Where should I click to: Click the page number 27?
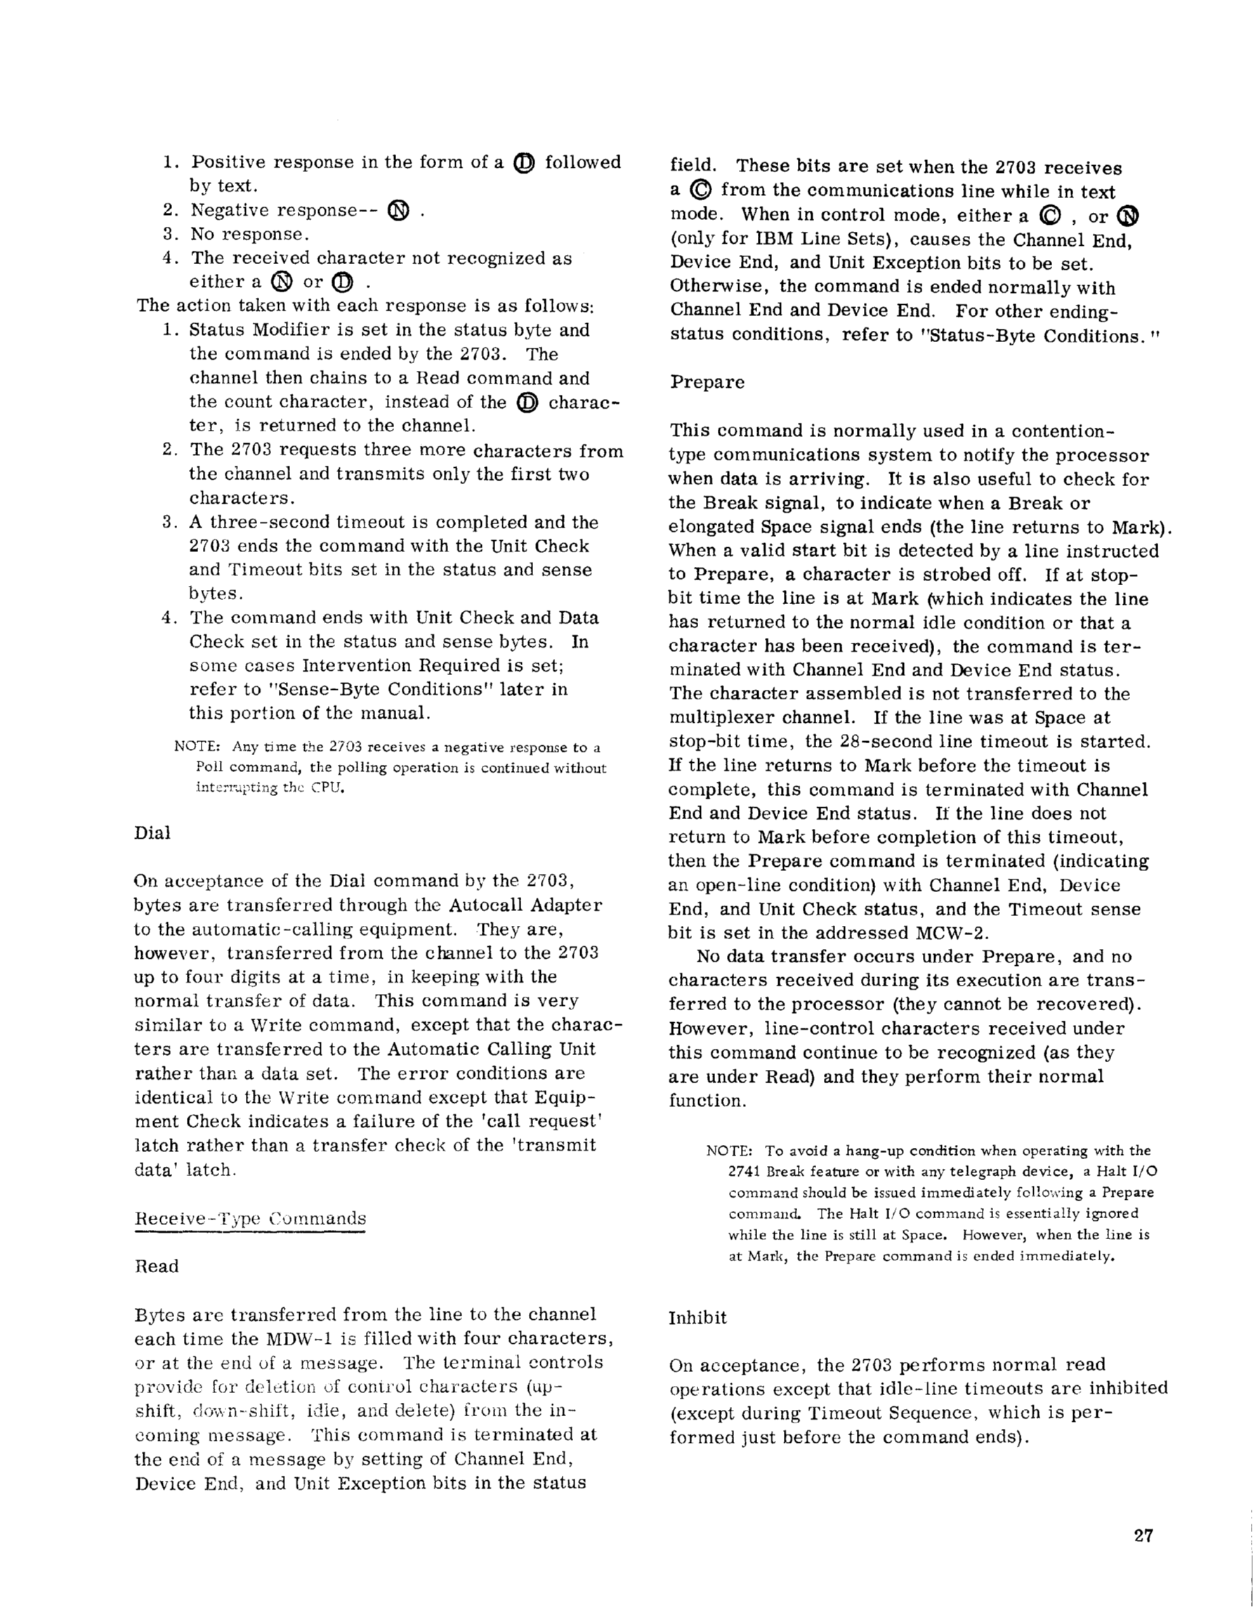click(x=1143, y=1536)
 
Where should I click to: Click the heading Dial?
click(x=152, y=832)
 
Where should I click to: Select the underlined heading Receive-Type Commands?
click(x=250, y=1218)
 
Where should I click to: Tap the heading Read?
click(x=157, y=1267)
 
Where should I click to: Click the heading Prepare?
click(x=707, y=381)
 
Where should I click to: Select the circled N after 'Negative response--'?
click(x=398, y=211)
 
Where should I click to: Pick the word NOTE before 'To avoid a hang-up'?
click(x=729, y=1151)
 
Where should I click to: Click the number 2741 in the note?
click(x=744, y=1172)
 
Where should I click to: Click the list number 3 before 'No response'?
click(x=168, y=234)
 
